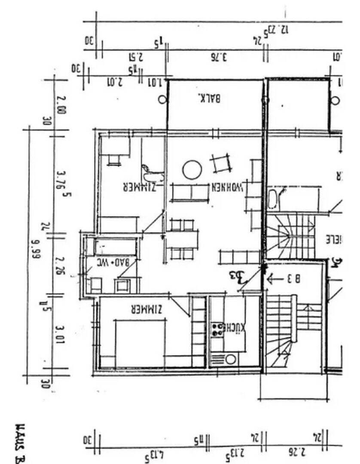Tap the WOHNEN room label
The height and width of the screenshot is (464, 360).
click(x=227, y=187)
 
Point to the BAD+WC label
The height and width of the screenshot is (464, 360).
click(x=113, y=262)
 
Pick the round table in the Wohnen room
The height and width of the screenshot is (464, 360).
click(x=192, y=170)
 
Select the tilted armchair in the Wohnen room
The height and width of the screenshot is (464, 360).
click(x=221, y=163)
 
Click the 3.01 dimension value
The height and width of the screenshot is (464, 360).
click(x=61, y=336)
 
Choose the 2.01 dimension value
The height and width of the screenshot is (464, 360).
click(x=114, y=81)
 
